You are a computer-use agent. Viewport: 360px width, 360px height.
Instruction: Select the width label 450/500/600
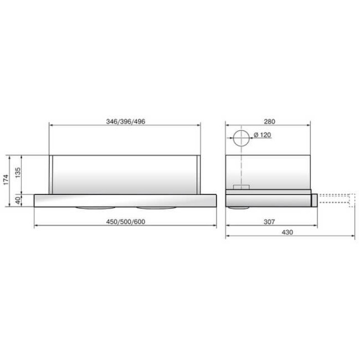coord(125,221)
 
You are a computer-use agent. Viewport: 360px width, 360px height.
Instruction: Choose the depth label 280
coord(268,122)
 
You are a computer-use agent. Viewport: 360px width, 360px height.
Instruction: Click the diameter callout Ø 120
coord(262,135)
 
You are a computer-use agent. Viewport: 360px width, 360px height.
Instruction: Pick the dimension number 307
coord(268,221)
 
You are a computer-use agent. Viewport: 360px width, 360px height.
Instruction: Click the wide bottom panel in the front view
coord(125,200)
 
